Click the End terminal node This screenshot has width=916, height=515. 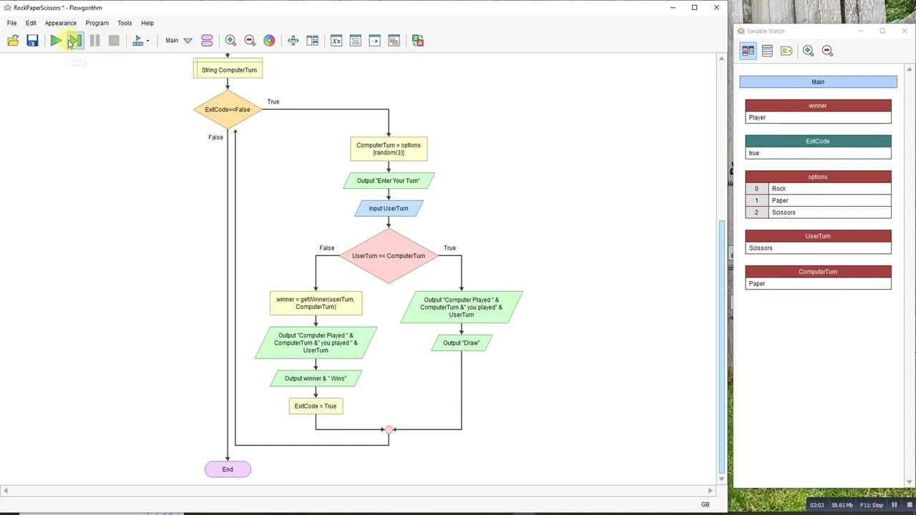pyautogui.click(x=228, y=469)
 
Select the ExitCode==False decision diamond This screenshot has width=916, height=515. pyautogui.click(x=228, y=109)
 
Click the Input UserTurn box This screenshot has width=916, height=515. pyautogui.click(x=389, y=208)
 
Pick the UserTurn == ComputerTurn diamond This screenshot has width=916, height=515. pyautogui.click(x=389, y=255)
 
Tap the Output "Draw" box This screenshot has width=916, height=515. pyautogui.click(x=462, y=343)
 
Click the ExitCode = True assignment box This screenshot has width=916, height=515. pyautogui.click(x=316, y=406)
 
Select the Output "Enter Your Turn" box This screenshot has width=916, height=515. pyautogui.click(x=389, y=180)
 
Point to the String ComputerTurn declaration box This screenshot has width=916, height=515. pyautogui.click(x=228, y=69)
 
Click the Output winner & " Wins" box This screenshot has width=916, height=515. pyautogui.click(x=316, y=378)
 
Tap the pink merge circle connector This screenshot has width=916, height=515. pyautogui.click(x=389, y=430)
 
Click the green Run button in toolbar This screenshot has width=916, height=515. pyautogui.click(x=56, y=41)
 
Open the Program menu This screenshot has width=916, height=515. pyautogui.click(x=97, y=23)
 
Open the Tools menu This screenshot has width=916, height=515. pyautogui.click(x=125, y=23)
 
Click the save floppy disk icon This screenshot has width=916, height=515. pyautogui.click(x=32, y=41)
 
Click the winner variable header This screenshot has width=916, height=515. pyautogui.click(x=818, y=105)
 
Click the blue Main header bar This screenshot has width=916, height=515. pyautogui.click(x=818, y=82)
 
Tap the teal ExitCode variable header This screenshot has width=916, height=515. pyautogui.click(x=818, y=141)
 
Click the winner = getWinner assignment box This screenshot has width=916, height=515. pyautogui.click(x=316, y=303)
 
